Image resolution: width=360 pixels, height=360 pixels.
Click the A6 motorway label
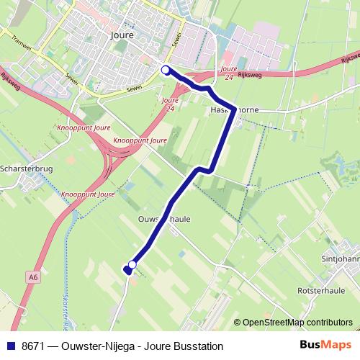[34, 275]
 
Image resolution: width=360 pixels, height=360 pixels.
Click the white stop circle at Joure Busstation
[166, 70]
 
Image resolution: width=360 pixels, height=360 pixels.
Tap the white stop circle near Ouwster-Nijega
[132, 264]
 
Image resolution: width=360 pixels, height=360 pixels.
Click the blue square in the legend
[11, 346]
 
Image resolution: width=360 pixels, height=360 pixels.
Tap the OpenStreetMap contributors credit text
[297, 323]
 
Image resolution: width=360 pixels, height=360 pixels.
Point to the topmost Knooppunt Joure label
[80, 130]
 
